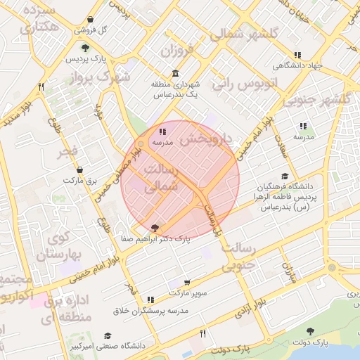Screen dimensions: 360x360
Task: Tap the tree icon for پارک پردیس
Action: point(85,49)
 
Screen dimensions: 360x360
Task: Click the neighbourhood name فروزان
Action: point(176,51)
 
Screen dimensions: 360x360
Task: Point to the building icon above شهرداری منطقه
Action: point(175,74)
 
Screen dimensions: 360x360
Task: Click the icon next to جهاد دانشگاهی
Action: point(298,55)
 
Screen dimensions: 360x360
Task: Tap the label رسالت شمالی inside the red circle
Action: point(162,179)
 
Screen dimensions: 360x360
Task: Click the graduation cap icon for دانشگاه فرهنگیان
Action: point(284,176)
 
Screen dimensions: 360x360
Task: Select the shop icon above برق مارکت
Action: point(79,170)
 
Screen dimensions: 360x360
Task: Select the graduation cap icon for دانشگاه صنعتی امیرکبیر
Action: point(108,335)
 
